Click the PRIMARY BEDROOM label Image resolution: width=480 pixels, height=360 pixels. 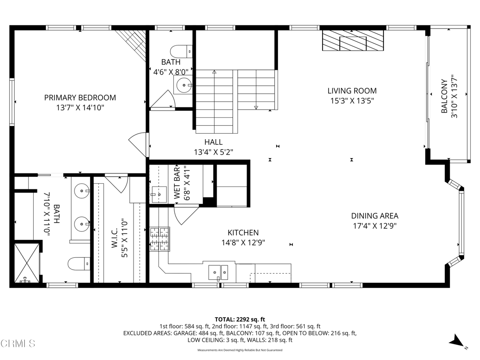point(80,97)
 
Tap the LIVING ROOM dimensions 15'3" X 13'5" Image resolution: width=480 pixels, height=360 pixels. point(352,100)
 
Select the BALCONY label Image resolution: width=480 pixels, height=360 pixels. point(444,103)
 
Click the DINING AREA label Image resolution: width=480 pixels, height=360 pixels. point(375,216)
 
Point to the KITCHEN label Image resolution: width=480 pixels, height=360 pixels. point(243,232)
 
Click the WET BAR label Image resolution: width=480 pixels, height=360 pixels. point(178,183)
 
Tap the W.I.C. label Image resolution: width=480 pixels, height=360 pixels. point(115,244)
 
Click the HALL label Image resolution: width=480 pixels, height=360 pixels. point(213,142)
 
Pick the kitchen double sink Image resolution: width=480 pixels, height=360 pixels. point(218,271)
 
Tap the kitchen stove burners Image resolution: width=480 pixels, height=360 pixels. point(159,238)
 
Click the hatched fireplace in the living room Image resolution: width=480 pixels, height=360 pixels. point(353,41)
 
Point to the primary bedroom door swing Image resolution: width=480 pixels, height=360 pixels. point(139,144)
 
